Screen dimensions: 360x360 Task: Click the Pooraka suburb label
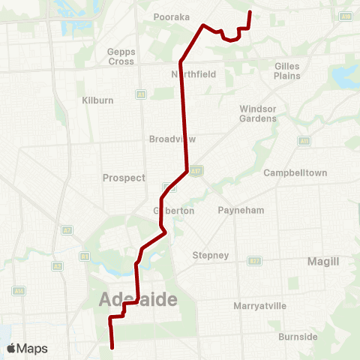(x=172, y=16)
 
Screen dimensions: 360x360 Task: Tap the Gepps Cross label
(x=121, y=56)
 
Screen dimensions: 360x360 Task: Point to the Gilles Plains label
(x=287, y=71)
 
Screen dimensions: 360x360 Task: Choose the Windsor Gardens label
(x=258, y=113)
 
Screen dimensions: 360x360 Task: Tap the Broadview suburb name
(x=172, y=139)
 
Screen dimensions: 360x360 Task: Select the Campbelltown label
(x=295, y=172)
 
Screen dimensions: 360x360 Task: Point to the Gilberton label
(x=174, y=211)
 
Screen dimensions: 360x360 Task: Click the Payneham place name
(x=241, y=211)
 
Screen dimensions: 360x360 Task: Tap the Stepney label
(x=211, y=255)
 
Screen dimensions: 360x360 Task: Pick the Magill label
(x=323, y=261)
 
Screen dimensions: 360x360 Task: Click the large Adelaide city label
(x=138, y=300)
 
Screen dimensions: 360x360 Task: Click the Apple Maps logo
(x=28, y=349)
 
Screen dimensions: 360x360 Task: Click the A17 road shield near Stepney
(x=255, y=260)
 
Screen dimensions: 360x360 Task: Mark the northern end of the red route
(x=249, y=12)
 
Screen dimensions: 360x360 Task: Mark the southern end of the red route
(x=112, y=348)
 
